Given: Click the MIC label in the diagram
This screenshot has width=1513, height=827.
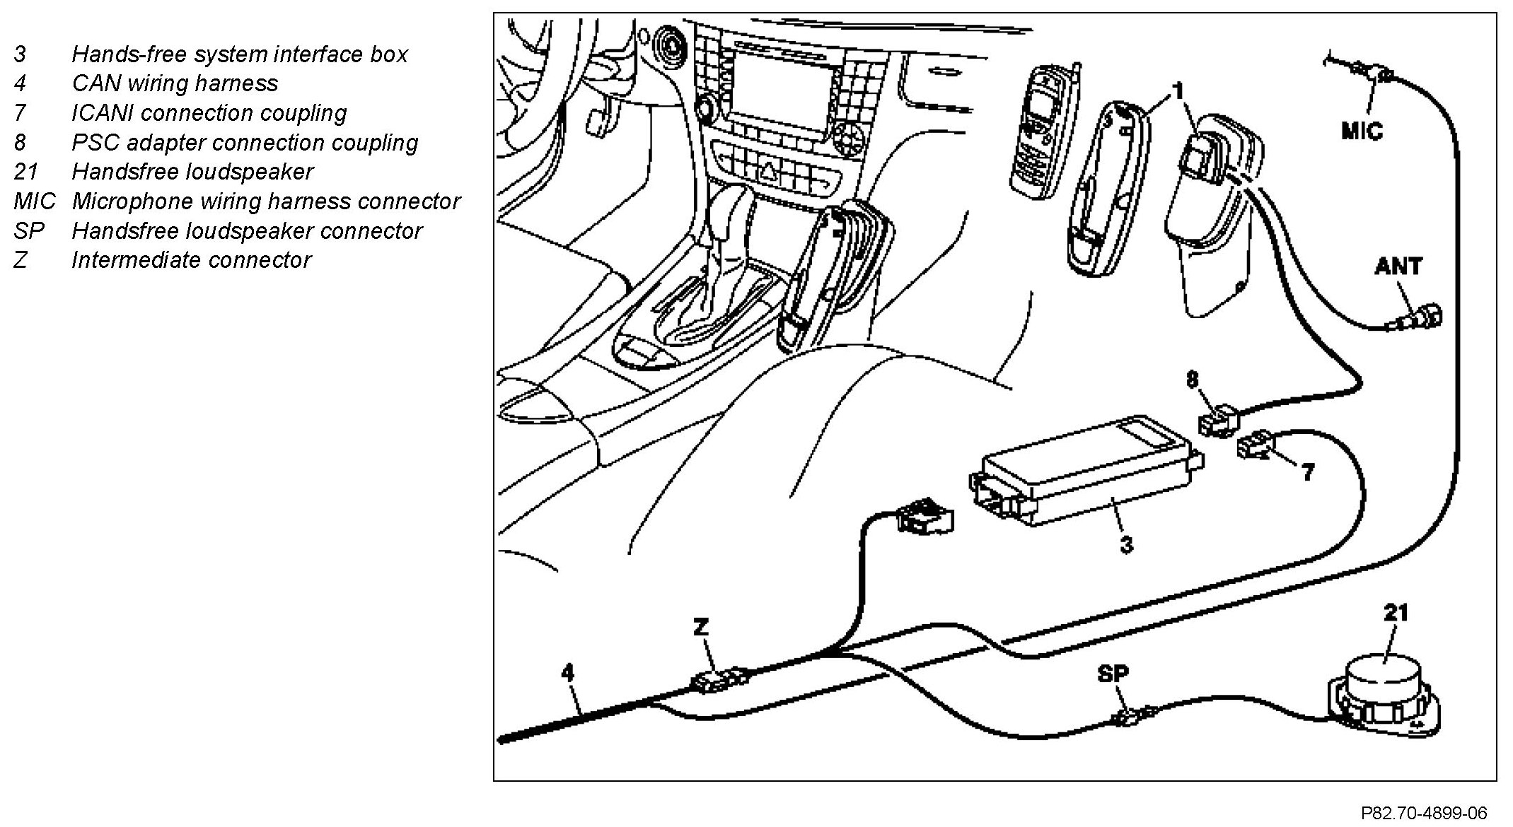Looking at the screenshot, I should coord(1362,131).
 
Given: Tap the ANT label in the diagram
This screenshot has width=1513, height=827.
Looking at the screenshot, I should coord(1398,266).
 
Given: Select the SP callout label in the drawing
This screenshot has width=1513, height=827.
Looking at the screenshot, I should coord(1113,674).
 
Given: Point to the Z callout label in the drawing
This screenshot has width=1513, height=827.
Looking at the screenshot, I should coord(701,627).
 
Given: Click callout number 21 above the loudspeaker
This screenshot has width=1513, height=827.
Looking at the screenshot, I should coord(1396,612).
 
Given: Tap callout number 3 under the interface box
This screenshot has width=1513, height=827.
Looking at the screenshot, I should coord(1127,544).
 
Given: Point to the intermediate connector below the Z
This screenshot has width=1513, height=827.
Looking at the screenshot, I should coord(719,681).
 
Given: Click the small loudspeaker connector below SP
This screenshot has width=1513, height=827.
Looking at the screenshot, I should coord(1130,719).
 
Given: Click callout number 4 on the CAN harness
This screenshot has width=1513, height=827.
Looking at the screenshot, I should coord(567,672).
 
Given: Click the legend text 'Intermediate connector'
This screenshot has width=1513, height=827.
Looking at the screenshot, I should coord(191,260).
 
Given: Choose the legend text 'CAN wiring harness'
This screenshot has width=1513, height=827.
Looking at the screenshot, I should coord(175,83).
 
